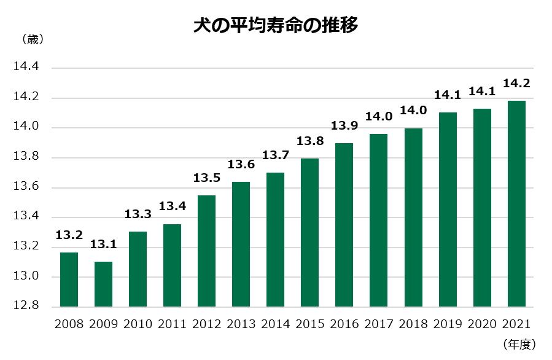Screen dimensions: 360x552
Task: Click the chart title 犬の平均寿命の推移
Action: click(276, 26)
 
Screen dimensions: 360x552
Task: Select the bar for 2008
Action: click(69, 280)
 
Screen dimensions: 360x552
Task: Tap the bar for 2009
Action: click(103, 284)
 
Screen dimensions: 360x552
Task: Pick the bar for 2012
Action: click(206, 251)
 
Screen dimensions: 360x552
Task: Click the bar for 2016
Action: click(344, 225)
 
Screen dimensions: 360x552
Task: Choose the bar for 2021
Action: click(516, 203)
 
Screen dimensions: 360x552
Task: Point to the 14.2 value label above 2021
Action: click(516, 82)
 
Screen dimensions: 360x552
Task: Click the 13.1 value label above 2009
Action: click(103, 245)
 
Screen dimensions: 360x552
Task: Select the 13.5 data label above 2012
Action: click(206, 178)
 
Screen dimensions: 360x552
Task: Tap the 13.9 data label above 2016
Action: click(344, 126)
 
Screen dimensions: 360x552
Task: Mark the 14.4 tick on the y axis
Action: click(26, 68)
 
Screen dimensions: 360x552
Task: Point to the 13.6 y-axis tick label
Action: click(26, 187)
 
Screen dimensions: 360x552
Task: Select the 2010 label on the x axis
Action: click(138, 324)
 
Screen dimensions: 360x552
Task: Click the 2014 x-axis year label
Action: click(276, 324)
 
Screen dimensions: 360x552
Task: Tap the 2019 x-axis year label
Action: click(448, 324)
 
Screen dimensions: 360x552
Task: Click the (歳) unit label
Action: click(32, 40)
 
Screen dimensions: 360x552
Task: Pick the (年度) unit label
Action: click(519, 345)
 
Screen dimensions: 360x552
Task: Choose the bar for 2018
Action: click(413, 217)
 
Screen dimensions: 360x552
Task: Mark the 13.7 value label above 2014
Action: click(276, 155)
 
